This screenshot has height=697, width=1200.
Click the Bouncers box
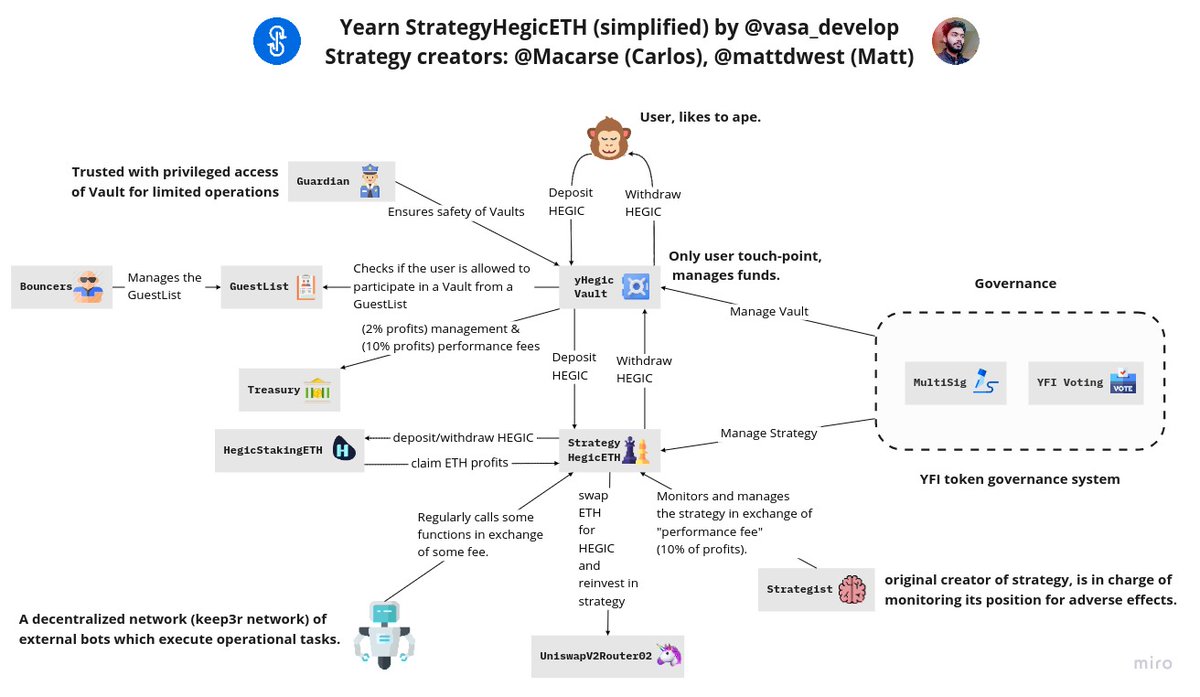(59, 287)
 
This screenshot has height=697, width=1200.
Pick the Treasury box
(288, 390)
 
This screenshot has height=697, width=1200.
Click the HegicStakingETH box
(288, 450)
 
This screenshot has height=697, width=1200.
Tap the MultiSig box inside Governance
(955, 382)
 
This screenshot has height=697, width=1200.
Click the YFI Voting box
(1082, 382)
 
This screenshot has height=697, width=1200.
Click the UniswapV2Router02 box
(608, 656)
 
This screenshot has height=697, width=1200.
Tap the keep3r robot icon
(384, 634)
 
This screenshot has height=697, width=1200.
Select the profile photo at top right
(955, 41)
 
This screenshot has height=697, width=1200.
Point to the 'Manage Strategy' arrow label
(769, 433)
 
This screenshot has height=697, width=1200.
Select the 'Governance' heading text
(1015, 283)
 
